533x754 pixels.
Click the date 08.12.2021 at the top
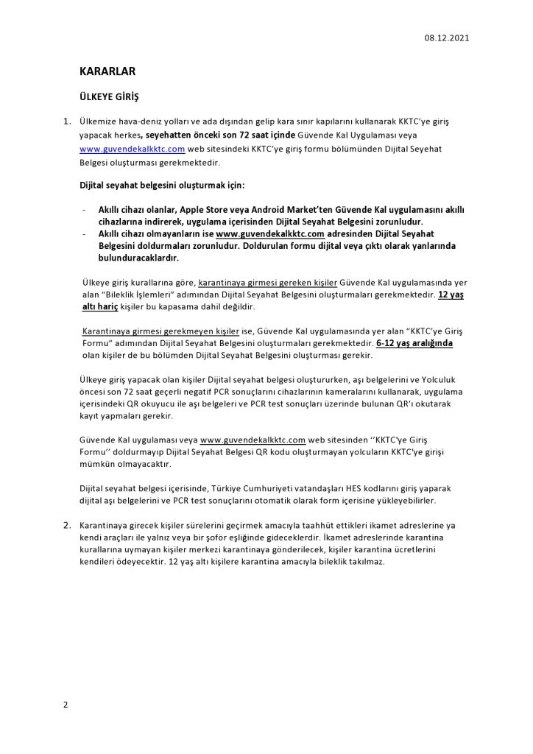point(447,37)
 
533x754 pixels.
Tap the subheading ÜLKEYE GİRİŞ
point(109,97)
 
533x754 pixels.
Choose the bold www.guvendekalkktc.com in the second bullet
point(271,233)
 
